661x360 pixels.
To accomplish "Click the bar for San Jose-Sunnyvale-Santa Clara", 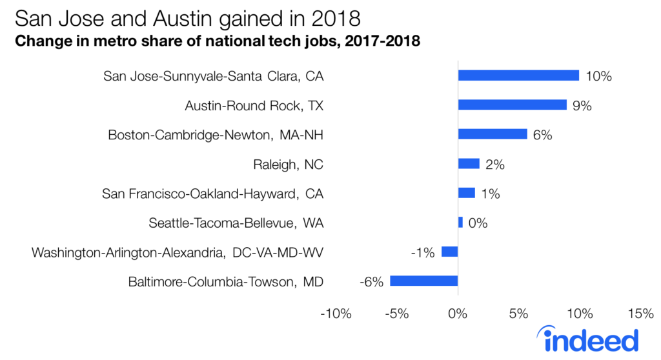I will pyautogui.click(x=518, y=75).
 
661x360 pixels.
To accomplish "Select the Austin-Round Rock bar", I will pyautogui.click(x=512, y=105).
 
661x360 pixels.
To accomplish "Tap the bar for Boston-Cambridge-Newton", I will pyautogui.click(x=493, y=134).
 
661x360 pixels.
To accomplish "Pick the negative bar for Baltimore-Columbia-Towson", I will pyautogui.click(x=423, y=281).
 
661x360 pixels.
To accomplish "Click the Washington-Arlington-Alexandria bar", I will pyautogui.click(x=449, y=252).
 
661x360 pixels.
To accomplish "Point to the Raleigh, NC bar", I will pyautogui.click(x=469, y=164).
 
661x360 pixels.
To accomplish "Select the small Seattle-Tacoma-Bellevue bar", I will pyautogui.click(x=460, y=223).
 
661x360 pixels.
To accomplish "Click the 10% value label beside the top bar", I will pyautogui.click(x=598, y=76).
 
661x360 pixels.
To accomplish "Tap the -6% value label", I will pyautogui.click(x=371, y=282).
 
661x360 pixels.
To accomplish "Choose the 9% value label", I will pyautogui.click(x=582, y=105).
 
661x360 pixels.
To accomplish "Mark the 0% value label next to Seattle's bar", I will pyautogui.click(x=478, y=223).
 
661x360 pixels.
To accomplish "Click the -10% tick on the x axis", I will pyautogui.click(x=336, y=314).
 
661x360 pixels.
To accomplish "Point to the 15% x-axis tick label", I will pyautogui.click(x=640, y=314).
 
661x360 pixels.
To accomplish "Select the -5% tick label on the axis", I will pyautogui.click(x=397, y=314).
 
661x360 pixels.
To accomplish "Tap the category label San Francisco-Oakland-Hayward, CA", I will pyautogui.click(x=212, y=194).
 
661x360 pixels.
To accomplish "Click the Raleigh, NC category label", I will pyautogui.click(x=288, y=165).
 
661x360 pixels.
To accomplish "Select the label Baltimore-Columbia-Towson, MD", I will pyautogui.click(x=225, y=282).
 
